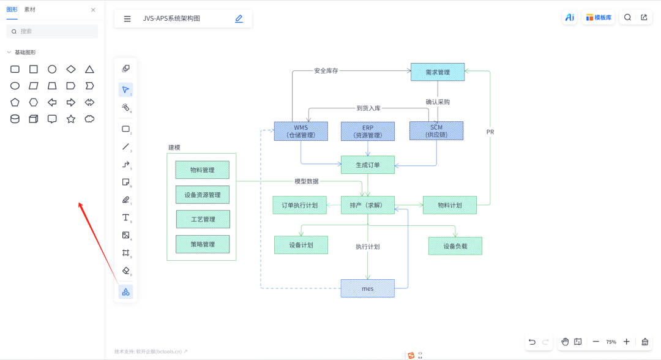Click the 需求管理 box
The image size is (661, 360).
pyautogui.click(x=438, y=72)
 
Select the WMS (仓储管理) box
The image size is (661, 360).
pyautogui.click(x=301, y=131)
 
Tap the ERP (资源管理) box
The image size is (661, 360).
pyautogui.click(x=368, y=131)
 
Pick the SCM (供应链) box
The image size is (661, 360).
pyautogui.click(x=436, y=130)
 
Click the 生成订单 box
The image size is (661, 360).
pyautogui.click(x=368, y=165)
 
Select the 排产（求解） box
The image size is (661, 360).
pyautogui.click(x=368, y=205)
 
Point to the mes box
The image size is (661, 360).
pyautogui.click(x=368, y=288)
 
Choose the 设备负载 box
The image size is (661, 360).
pyautogui.click(x=455, y=246)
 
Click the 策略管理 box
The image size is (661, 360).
pyautogui.click(x=203, y=244)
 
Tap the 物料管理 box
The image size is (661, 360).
pyautogui.click(x=203, y=170)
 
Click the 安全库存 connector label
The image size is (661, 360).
pyautogui.click(x=326, y=71)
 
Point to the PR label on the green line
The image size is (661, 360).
pyautogui.click(x=490, y=132)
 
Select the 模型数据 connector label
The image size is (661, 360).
pyautogui.click(x=307, y=181)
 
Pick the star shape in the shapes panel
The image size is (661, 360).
pyautogui.click(x=71, y=119)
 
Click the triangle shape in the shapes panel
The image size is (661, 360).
pyautogui.click(x=89, y=69)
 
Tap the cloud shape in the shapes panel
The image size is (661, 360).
pyautogui.click(x=89, y=119)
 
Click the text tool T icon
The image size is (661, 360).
pyautogui.click(x=125, y=217)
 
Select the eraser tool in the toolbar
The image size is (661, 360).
pyautogui.click(x=125, y=271)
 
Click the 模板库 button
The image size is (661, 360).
pyautogui.click(x=599, y=17)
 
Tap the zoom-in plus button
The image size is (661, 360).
pyautogui.click(x=627, y=342)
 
